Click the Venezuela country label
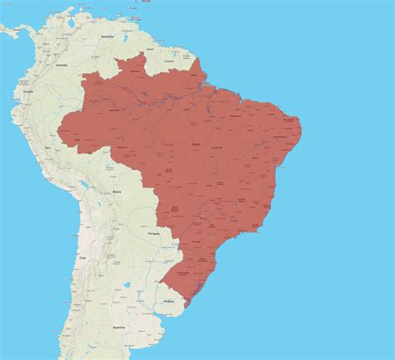coord(106,37)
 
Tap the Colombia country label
coord(60,64)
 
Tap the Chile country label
coord(82,258)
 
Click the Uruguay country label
coord(170,298)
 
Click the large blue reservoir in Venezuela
coord(134,46)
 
